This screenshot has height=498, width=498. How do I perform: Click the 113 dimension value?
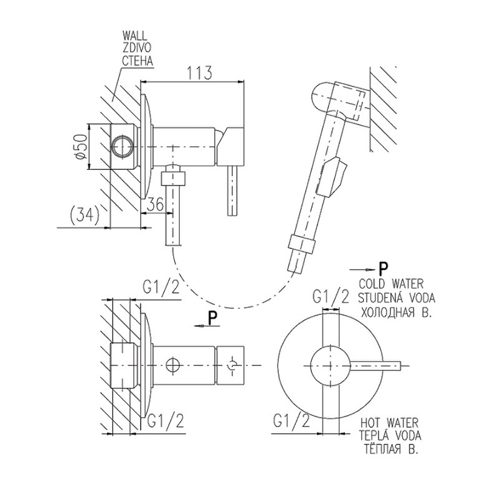(x=200, y=73)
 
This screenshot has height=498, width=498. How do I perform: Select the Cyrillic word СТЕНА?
(x=138, y=61)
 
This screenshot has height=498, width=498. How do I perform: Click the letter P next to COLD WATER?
(x=383, y=268)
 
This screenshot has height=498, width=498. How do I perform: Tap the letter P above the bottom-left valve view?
(x=212, y=317)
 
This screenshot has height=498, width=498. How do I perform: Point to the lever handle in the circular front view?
(x=380, y=366)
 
